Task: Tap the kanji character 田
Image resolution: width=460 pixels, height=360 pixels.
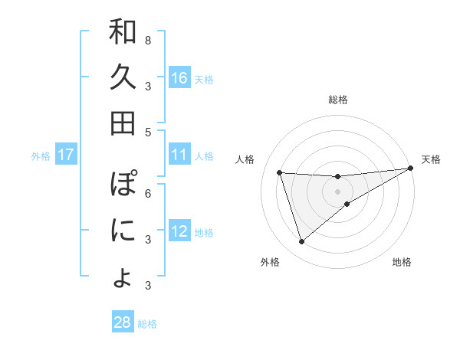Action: (x=123, y=123)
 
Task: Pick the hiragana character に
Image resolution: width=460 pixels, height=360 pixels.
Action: (x=123, y=230)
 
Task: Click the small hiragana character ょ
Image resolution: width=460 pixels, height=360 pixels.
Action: (x=123, y=277)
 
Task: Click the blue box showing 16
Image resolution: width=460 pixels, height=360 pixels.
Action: (x=179, y=77)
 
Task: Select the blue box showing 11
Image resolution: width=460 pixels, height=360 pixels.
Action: (x=179, y=155)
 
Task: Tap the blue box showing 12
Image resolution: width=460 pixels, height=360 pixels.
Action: (x=179, y=231)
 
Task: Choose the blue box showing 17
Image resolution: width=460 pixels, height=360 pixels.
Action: (x=66, y=155)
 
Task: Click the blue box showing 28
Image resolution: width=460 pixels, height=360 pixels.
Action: (x=122, y=322)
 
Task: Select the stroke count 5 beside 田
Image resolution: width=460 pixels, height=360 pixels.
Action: (x=147, y=132)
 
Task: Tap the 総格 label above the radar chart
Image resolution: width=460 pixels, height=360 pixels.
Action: (x=337, y=100)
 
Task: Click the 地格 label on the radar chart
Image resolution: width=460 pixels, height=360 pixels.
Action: (x=402, y=263)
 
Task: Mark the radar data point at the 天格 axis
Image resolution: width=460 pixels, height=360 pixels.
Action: (x=410, y=169)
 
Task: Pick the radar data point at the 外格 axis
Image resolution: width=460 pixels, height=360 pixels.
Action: (x=301, y=242)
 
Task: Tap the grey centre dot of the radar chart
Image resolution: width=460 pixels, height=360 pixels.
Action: (x=337, y=191)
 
